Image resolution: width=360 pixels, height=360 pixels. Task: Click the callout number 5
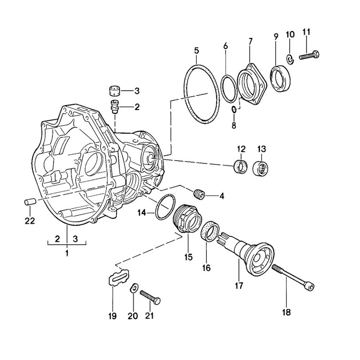click(196, 50)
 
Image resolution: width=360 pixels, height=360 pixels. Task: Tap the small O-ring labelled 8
click(234, 109)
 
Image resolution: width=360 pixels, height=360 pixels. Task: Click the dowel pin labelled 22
click(29, 201)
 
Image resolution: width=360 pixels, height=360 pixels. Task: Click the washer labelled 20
click(134, 288)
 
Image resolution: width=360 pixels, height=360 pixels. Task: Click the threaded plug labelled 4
click(199, 194)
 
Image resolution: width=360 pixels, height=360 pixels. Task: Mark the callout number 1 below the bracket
click(67, 253)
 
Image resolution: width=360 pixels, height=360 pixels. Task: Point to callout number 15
click(189, 257)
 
